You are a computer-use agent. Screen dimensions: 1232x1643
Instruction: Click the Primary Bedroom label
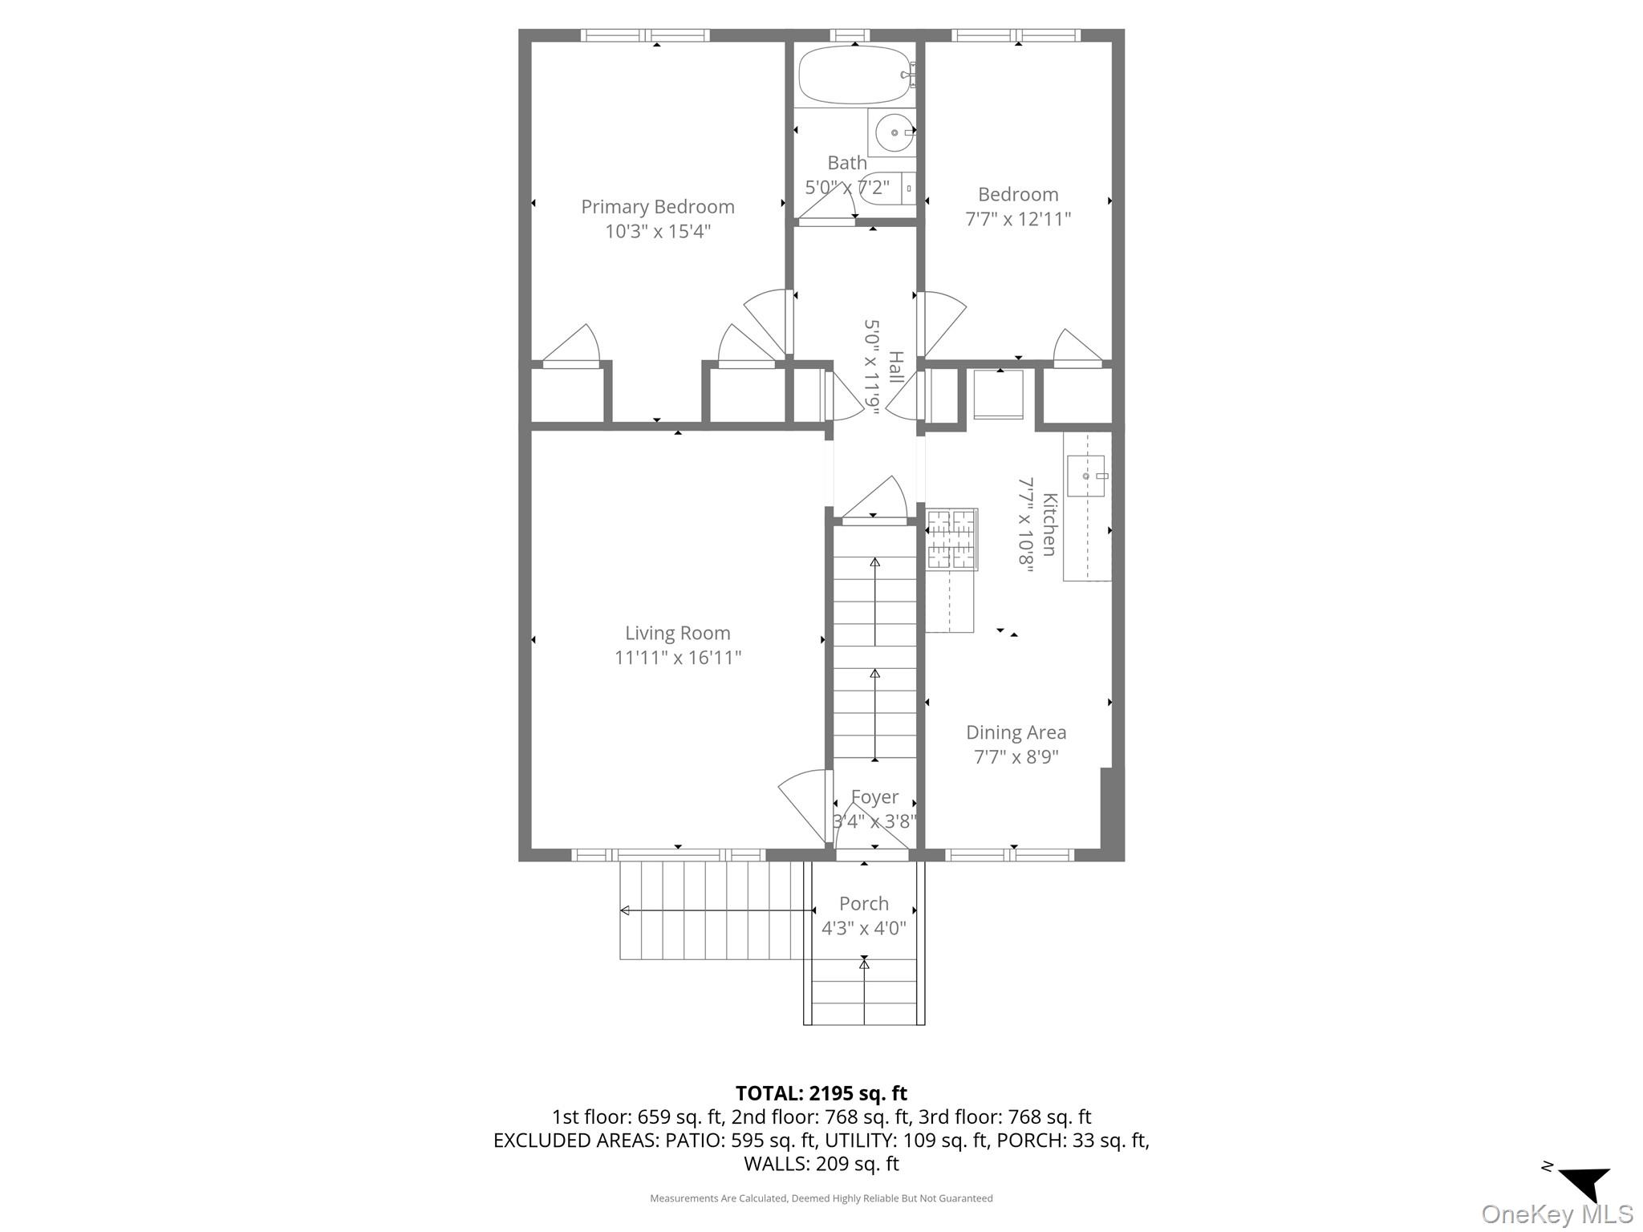[657, 207]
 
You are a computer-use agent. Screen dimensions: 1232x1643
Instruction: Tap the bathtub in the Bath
[854, 75]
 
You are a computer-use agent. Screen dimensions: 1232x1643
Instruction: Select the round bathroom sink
[893, 133]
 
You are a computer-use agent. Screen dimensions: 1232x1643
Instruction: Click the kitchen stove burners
[951, 538]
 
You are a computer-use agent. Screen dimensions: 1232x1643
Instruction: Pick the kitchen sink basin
[1085, 476]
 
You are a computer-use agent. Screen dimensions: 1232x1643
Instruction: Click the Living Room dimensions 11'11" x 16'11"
[677, 658]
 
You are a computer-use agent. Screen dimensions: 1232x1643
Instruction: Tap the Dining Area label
[1016, 732]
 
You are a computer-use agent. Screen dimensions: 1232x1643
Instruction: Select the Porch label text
[863, 904]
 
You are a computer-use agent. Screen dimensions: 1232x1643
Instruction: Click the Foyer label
[874, 797]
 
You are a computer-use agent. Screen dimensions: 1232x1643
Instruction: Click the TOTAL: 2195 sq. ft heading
[821, 1093]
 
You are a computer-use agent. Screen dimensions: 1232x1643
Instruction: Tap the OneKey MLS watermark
[1556, 1214]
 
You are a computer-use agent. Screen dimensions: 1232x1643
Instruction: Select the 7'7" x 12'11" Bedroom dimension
[1017, 219]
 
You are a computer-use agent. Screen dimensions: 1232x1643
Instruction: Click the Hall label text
[895, 367]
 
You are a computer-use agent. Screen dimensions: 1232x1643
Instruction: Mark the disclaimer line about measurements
[821, 1198]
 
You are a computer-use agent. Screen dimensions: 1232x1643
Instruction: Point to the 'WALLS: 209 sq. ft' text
[821, 1164]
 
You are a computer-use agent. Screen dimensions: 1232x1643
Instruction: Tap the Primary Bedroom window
[645, 35]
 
